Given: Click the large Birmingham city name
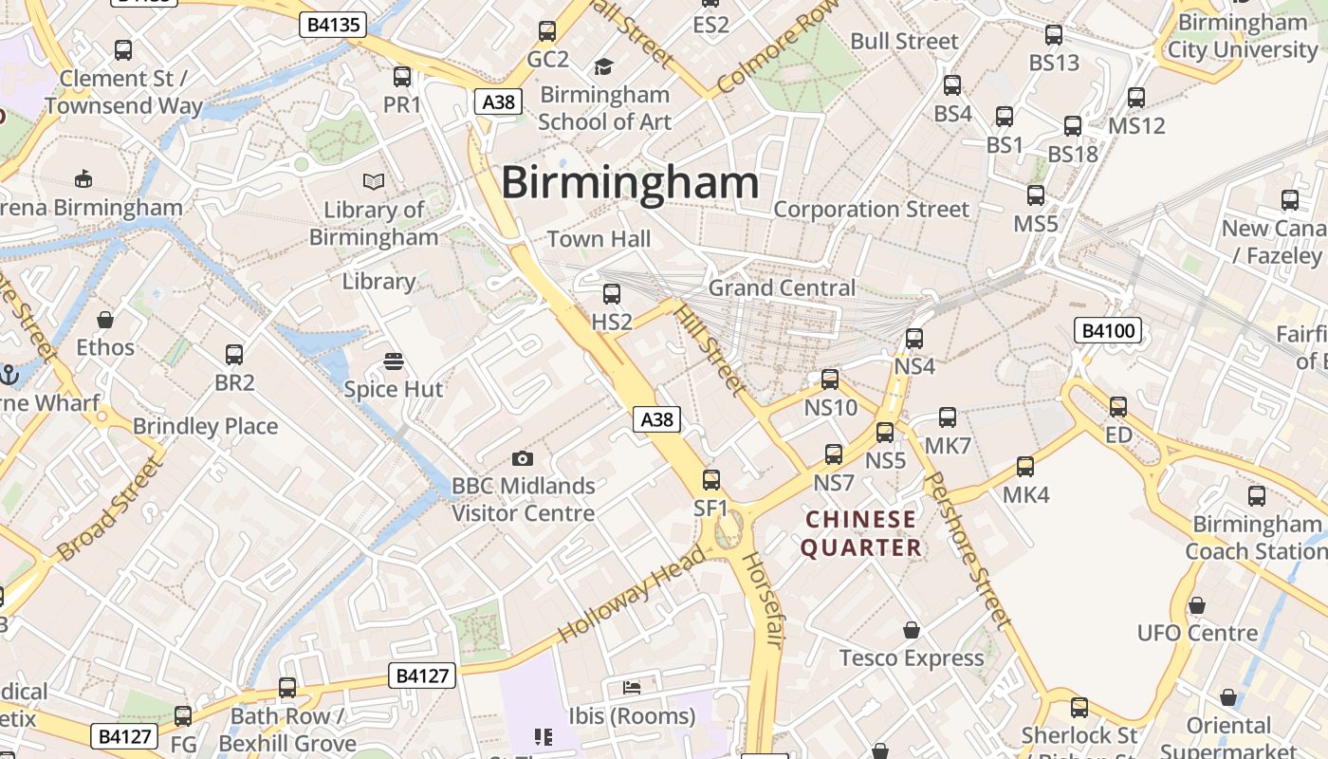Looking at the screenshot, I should point(630,183).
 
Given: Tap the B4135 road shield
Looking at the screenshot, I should point(333,25).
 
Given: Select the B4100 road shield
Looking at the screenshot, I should point(1107,331).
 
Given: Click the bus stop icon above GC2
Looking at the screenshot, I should point(547,31).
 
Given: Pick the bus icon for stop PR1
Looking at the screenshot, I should point(402,77).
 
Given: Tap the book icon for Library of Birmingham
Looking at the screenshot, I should point(374,181).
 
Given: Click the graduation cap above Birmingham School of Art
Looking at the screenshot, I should point(603,66).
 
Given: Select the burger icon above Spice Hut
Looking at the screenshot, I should point(394,361).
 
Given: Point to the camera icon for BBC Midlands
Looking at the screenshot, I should point(522,459).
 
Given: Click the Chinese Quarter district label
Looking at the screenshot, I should point(861,533).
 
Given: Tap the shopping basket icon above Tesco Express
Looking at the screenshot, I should point(912,630).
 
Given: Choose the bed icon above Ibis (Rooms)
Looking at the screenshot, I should point(632,687).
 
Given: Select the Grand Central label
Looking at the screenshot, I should point(782,287).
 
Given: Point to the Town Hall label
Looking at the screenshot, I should point(599,239).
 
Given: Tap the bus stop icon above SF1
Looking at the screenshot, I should point(711,480).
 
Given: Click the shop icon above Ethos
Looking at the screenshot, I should point(105,320).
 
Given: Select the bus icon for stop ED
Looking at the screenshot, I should point(1118,407).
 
